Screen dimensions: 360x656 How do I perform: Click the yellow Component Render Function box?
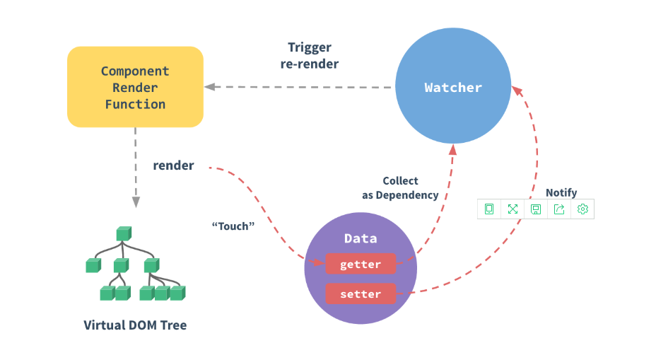[135, 87]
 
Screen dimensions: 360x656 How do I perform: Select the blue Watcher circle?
[453, 88]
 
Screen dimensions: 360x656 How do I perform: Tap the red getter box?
[361, 265]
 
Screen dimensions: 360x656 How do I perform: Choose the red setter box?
[361, 294]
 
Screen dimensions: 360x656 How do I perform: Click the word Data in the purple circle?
[361, 238]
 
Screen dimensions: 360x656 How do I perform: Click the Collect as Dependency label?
[400, 188]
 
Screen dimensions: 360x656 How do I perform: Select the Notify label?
[561, 192]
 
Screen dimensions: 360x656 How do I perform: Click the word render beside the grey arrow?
[173, 166]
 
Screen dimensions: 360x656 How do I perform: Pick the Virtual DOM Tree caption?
[136, 325]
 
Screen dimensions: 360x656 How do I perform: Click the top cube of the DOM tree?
[124, 233]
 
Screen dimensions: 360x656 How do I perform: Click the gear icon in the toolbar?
[582, 209]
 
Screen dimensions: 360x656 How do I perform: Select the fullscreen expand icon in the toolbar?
[512, 209]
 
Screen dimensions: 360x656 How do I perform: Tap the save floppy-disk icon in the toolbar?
[536, 209]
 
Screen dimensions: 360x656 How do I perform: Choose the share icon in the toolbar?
[559, 209]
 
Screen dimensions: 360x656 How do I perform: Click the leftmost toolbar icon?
[489, 209]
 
